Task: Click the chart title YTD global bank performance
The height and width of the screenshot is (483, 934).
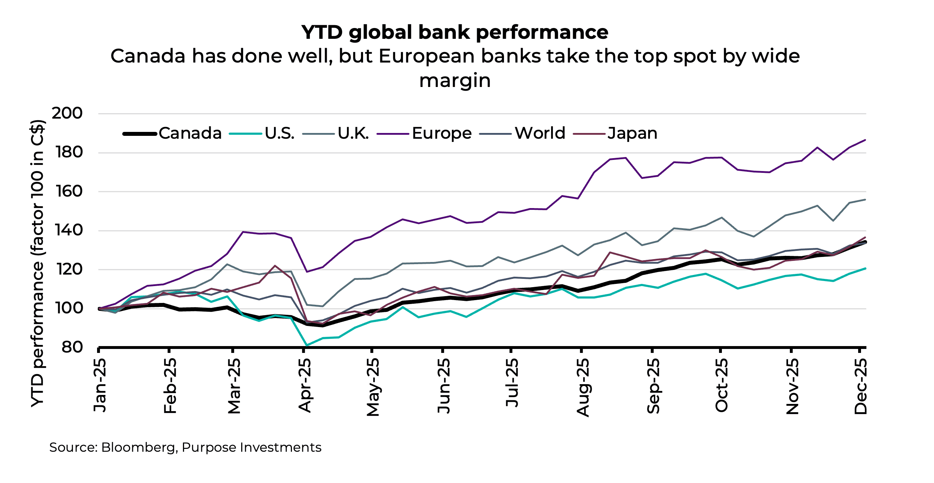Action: (455, 32)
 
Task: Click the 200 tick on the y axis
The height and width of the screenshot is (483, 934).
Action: (67, 114)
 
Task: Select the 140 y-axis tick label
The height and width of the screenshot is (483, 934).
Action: (68, 230)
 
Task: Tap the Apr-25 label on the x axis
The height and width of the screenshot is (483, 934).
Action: (305, 386)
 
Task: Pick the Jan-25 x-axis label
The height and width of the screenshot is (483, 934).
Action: (100, 386)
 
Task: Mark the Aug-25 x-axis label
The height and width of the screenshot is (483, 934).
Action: (583, 387)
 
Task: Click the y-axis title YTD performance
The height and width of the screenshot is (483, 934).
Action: (37, 263)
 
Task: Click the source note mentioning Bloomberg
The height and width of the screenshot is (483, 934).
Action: (185, 447)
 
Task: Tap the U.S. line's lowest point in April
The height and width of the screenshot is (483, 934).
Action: (307, 346)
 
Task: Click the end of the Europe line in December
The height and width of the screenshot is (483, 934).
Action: (865, 140)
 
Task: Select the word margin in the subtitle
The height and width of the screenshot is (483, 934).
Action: (455, 81)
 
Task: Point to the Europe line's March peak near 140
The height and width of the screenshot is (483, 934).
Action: (243, 232)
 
